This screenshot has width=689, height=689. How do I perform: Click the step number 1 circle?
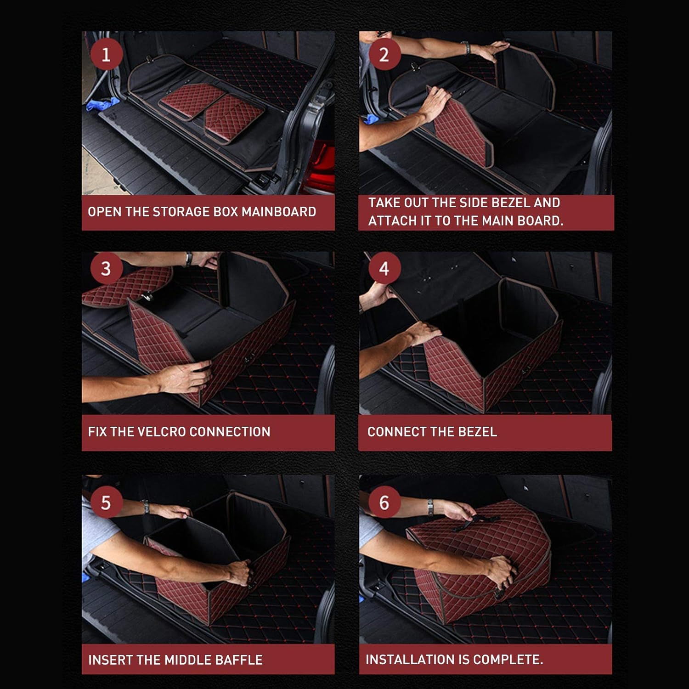106,55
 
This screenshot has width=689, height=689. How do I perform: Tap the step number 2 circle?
384,55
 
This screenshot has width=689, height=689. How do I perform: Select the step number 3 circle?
106,268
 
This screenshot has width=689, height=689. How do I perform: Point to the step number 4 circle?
384,268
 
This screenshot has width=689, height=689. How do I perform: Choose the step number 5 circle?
106,503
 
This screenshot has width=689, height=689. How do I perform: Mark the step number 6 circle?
384,503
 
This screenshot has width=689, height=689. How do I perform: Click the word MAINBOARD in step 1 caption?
279,212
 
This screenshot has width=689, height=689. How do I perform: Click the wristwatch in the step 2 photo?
467,47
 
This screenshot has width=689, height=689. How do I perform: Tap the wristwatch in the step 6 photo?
430,507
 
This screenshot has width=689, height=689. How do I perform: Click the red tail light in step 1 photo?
322,161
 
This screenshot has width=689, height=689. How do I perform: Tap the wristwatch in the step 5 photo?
146,507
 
